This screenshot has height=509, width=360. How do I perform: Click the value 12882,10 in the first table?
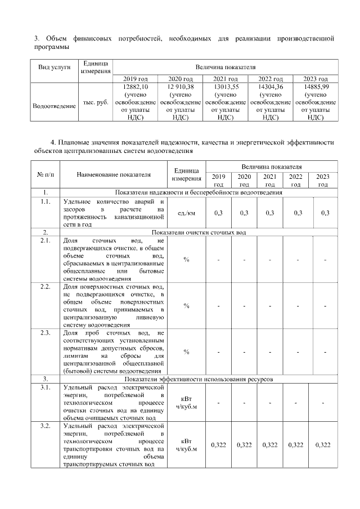coord(135,87)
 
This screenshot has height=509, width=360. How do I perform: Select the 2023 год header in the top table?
coord(316,79)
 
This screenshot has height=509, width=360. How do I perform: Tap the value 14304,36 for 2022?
coord(270,87)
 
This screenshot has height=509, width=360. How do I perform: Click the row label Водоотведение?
coord(54,105)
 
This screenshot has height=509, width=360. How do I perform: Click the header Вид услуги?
coord(54,67)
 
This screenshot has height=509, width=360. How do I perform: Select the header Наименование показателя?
coord(114,174)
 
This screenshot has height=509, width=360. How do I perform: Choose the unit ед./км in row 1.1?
coord(186,213)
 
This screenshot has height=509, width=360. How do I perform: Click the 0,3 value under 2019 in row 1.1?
coord(218,213)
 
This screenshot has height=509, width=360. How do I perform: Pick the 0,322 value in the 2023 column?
coord(323,445)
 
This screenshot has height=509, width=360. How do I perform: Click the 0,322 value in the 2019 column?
coord(218,445)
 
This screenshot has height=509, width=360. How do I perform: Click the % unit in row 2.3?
coord(186,352)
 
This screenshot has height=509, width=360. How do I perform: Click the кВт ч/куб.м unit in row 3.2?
coord(186,445)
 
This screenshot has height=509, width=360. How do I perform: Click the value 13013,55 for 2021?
coord(225,87)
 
